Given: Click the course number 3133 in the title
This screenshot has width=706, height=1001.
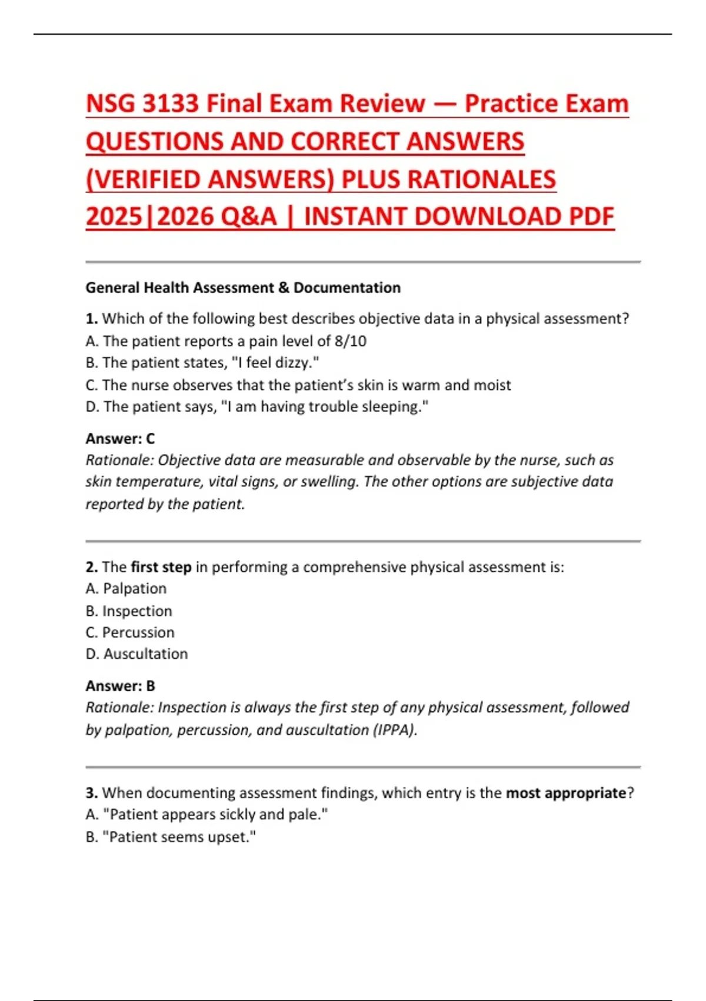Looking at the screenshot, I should point(170,104).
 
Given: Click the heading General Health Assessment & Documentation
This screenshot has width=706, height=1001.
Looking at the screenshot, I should point(243,288).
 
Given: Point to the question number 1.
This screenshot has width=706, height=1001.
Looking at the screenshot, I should point(91,319).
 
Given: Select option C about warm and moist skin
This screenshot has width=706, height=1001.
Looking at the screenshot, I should point(298,385).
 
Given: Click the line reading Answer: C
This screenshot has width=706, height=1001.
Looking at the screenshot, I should point(120,439).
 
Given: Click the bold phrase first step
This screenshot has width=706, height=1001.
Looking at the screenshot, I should point(161,567).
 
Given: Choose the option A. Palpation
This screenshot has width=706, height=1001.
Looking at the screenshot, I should point(126,589).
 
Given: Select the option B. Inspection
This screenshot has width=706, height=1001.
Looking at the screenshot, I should point(129,611).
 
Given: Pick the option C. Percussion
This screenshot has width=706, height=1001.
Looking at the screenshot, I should point(130,632).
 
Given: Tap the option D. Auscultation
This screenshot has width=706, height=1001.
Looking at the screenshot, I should point(136,654).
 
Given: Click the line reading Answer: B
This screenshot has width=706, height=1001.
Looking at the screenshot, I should point(120,686).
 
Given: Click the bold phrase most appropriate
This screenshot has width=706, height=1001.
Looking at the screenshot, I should point(566,793).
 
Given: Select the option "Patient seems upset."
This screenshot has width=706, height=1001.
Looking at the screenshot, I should point(171,837).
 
